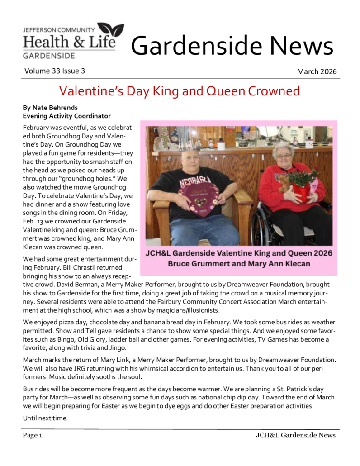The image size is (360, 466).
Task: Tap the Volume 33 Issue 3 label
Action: [54, 71]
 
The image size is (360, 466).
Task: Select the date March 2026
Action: [317, 71]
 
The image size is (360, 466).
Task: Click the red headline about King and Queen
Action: [180, 91]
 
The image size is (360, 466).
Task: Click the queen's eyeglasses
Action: [284, 156]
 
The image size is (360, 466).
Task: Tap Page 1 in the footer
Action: [33, 435]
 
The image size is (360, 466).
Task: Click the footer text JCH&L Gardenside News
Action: [295, 435]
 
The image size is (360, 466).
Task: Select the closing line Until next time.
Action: [45, 418]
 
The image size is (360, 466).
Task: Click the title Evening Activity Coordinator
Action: [66, 116]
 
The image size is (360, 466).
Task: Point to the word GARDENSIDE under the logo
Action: [49, 56]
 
